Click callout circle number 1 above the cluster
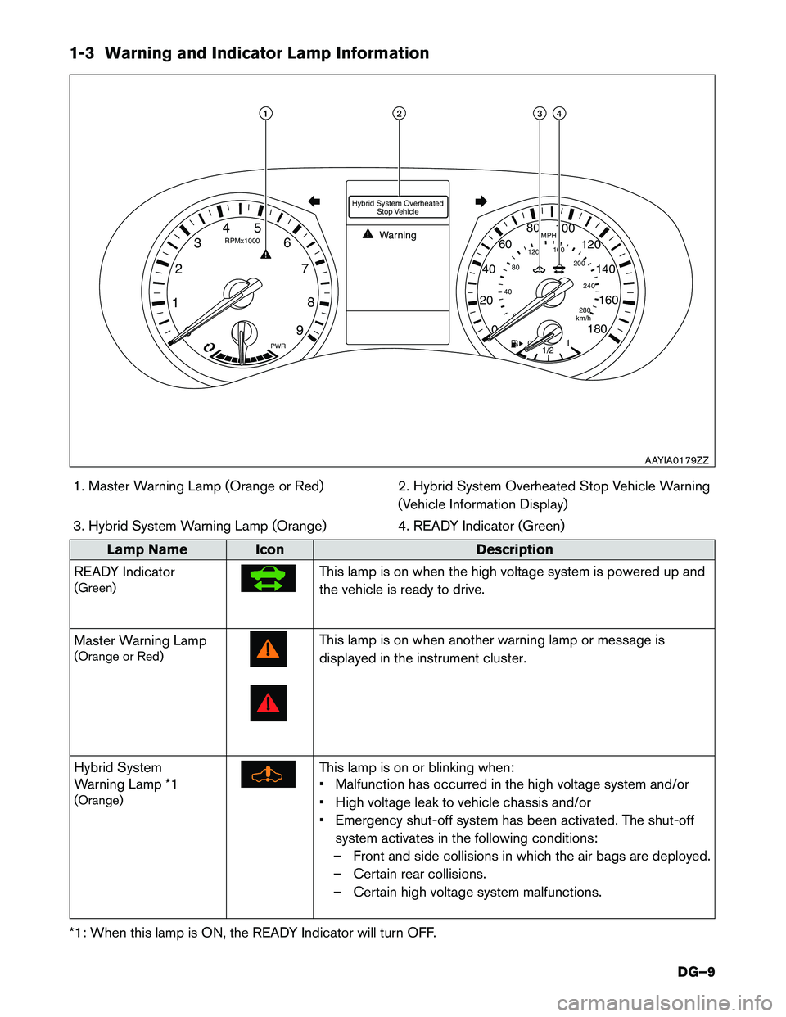266,113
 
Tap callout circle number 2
399,113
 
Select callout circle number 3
540,113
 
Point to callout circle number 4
559,113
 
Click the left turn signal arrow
313,201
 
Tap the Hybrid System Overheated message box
398,207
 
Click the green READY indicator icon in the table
268,578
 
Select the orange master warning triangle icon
268,649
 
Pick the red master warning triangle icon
268,703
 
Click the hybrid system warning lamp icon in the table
268,774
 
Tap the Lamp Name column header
147,549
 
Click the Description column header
514,549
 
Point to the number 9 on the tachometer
300,330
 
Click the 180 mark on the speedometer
598,328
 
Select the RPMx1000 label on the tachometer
242,241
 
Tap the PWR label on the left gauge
278,346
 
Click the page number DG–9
696,972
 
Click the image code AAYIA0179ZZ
676,460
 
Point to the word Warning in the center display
398,235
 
